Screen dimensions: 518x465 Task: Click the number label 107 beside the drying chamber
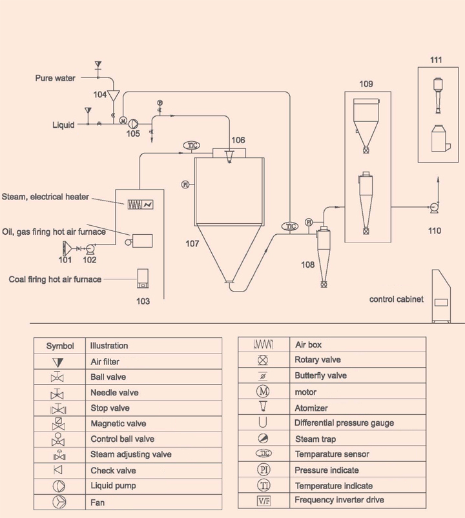pos(191,244)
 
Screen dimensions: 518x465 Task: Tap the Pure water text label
pos(55,78)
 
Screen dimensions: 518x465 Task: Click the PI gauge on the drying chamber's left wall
pos(186,184)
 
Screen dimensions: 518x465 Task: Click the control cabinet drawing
pos(442,297)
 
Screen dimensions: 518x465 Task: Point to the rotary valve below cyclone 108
pos(322,283)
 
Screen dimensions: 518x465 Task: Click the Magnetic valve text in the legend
pos(118,424)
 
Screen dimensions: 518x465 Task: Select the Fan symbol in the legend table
pos(59,502)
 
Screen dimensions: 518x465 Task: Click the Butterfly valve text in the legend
pos(320,375)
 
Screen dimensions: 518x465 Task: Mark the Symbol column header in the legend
pos(60,346)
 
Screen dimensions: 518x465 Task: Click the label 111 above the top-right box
pos(436,60)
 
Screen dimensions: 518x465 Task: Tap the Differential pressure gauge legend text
pos(344,423)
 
